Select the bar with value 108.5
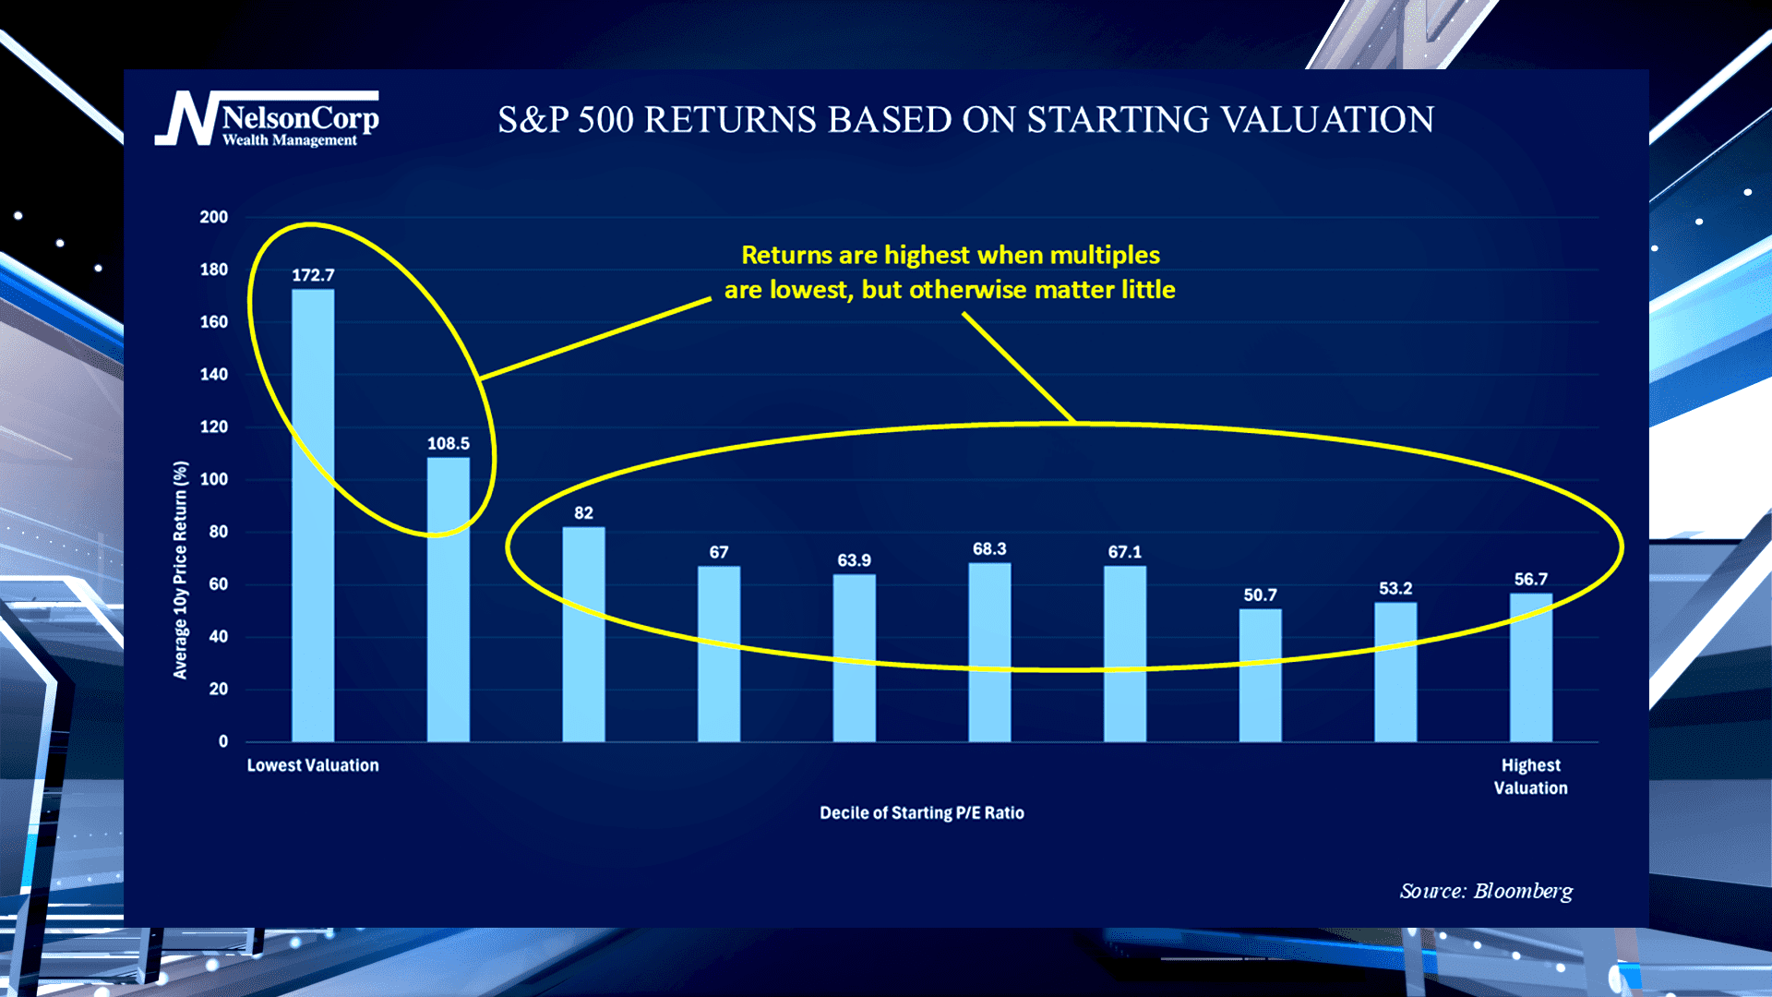448,600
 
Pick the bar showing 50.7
1260,675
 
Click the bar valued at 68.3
989,652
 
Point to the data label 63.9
854,560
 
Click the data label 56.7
1530,580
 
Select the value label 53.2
1395,588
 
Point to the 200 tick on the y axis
213,217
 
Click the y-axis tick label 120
213,426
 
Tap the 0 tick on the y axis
222,741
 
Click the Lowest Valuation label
313,765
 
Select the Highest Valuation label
1530,776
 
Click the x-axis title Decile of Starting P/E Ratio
921,813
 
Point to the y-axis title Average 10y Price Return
180,571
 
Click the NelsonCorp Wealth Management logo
268,120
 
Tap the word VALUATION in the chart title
1323,120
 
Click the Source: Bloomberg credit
1486,891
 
